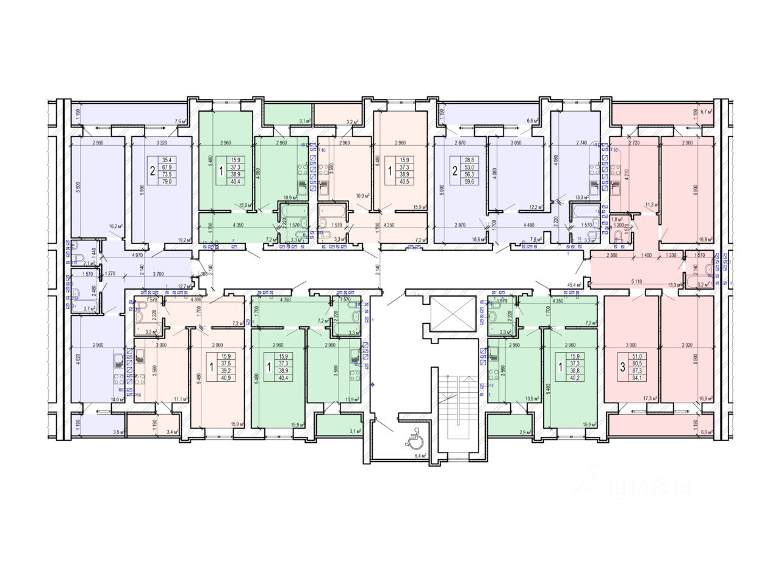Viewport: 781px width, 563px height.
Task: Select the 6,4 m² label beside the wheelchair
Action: point(419,456)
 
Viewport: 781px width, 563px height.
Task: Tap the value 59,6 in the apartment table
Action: point(469,181)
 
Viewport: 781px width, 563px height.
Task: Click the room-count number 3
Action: point(622,367)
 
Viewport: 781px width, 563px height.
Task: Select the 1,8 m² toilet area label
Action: point(616,219)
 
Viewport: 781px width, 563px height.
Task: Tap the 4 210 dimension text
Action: point(625,180)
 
